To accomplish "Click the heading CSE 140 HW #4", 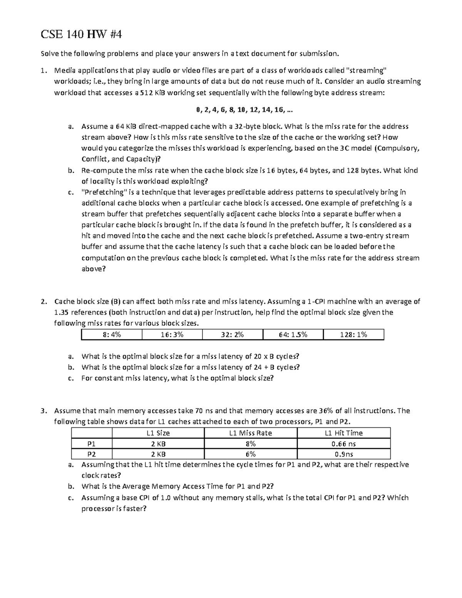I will (x=81, y=35).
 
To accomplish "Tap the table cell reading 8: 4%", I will (x=112, y=335).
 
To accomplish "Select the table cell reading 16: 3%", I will (x=172, y=335).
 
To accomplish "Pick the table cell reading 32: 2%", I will (x=232, y=335).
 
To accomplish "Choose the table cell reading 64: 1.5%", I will (x=293, y=335).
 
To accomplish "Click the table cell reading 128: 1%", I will (x=353, y=335).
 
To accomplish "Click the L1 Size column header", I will (x=158, y=433).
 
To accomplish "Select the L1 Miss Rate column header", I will (x=250, y=433).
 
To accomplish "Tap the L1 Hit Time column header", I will (x=343, y=433).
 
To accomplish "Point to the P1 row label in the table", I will (x=92, y=444).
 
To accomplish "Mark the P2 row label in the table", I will (x=92, y=454).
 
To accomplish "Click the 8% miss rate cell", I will (x=250, y=444).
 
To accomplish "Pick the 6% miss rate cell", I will (x=250, y=454).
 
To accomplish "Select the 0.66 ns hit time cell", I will (x=343, y=444).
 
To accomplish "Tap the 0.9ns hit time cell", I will (x=343, y=454).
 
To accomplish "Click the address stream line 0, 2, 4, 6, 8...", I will (x=244, y=110).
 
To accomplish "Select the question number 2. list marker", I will (x=44, y=302).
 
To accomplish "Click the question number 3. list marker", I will (x=44, y=410).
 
